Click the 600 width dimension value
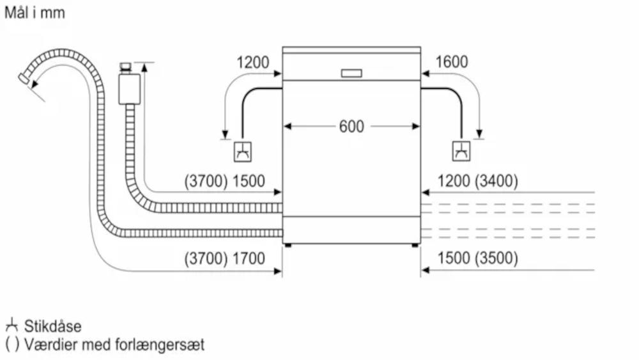351,127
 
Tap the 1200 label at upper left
252,63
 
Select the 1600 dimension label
452,62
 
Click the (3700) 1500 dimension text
224,182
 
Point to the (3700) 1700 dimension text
224,259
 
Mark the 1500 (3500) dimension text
477,259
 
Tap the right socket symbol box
461,152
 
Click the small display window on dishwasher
351,73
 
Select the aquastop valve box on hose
130,88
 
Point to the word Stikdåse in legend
53,327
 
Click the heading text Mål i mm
35,13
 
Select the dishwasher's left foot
288,244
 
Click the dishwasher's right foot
415,244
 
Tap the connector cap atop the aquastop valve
125,67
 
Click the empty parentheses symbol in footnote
12,345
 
